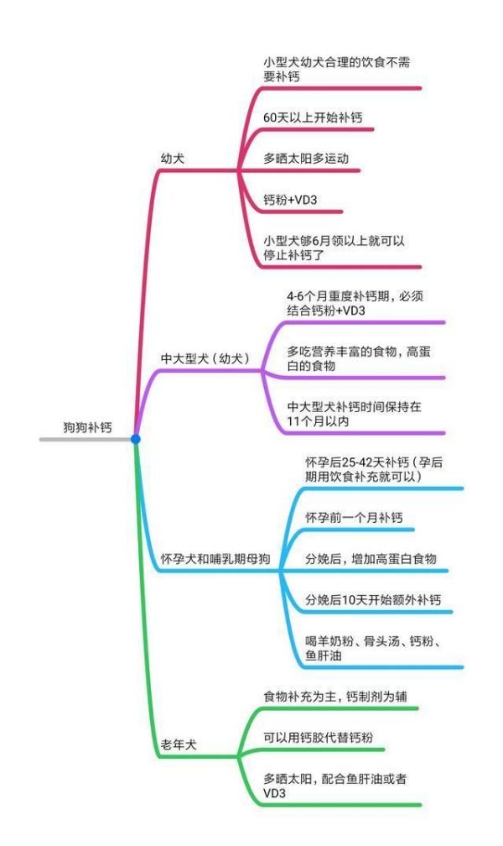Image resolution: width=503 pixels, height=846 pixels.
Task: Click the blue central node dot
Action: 135,439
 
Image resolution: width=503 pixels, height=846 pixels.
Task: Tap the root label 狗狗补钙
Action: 88,427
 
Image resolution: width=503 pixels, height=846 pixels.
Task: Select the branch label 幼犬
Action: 173,159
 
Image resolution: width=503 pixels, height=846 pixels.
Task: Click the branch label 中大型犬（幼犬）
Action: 205,358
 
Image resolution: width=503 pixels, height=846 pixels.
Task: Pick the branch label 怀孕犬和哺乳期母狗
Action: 215,559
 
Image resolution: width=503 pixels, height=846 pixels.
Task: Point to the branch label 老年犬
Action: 179,745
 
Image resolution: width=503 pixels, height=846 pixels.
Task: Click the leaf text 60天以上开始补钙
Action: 313,117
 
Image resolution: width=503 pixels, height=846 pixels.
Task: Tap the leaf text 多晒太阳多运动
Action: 306,159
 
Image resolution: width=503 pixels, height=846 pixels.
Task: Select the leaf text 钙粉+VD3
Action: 290,200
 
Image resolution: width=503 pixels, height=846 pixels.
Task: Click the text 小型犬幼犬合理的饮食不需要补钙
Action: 337,70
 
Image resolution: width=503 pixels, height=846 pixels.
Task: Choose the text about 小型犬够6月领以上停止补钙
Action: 334,248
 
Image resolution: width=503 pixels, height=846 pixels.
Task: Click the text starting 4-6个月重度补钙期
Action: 355,303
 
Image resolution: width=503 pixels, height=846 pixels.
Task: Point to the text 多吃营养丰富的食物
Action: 359,359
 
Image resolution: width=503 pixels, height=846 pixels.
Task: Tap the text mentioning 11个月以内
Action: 355,414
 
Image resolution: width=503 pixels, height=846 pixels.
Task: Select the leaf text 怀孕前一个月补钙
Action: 355,518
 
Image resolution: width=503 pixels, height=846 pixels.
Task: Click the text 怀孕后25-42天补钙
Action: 374,469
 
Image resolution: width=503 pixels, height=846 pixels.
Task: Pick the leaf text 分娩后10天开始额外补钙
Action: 373,600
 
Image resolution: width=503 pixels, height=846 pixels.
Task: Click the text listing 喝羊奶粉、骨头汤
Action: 374,649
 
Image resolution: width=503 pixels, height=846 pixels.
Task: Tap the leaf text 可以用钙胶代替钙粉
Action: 318,738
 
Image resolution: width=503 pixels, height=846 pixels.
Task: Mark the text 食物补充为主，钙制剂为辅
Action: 335,697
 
